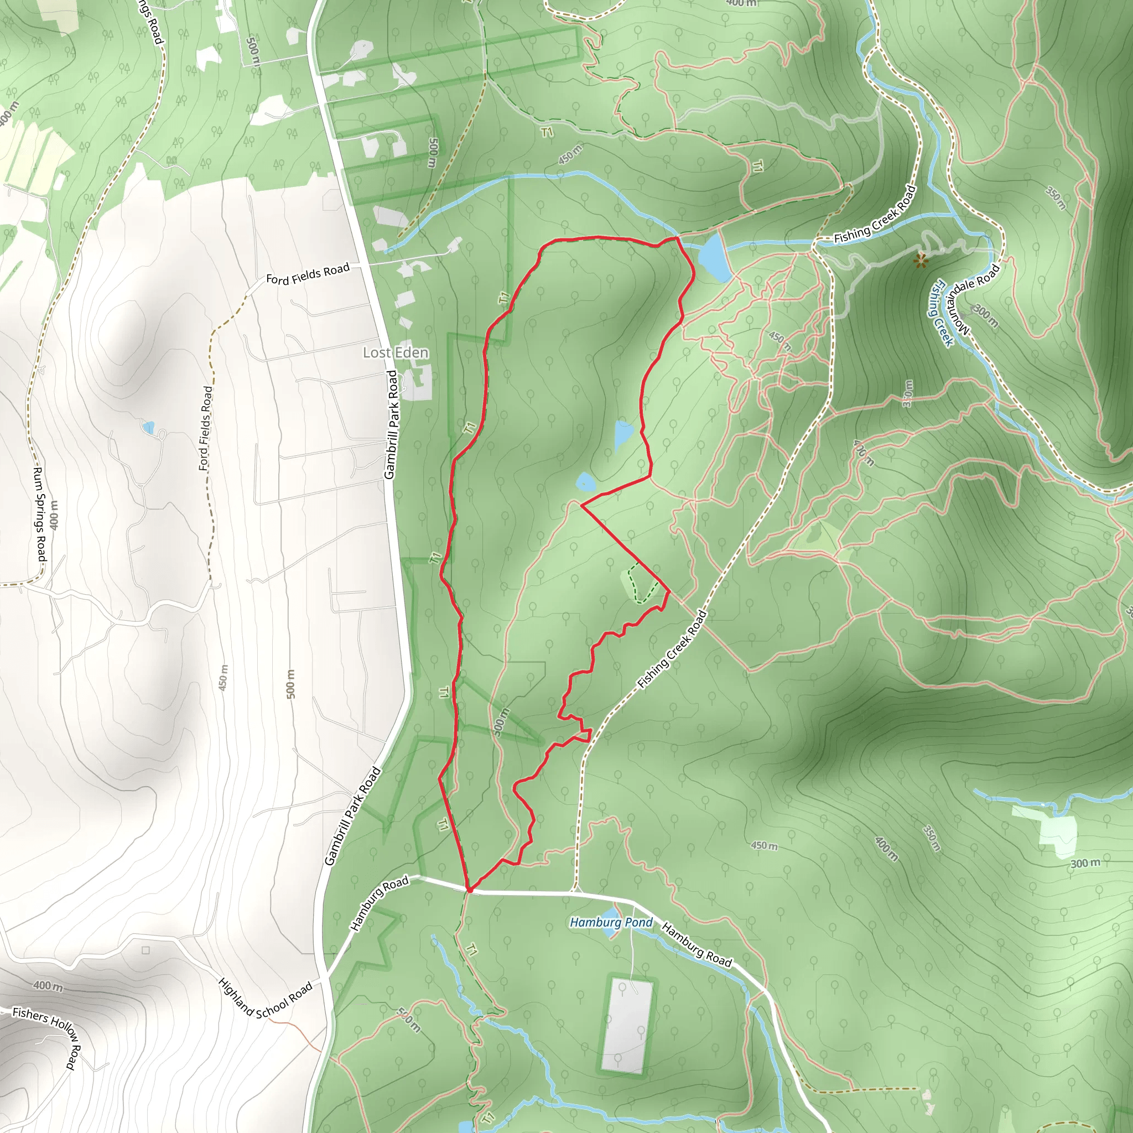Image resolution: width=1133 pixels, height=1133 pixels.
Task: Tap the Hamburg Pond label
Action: (611, 922)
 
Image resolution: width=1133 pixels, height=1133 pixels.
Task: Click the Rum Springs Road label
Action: (40, 514)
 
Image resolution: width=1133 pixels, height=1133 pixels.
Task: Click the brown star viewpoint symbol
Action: (921, 260)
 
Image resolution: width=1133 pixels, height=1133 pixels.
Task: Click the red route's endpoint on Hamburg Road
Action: (469, 890)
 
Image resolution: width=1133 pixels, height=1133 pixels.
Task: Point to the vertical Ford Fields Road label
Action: (205, 428)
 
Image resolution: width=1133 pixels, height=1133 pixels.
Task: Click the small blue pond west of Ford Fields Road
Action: (148, 427)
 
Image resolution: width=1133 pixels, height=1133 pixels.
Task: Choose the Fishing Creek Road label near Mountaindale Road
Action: (875, 215)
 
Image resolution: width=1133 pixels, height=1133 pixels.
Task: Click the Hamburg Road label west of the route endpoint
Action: (380, 904)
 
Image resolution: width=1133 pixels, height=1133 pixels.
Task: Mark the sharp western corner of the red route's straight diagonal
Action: (580, 505)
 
